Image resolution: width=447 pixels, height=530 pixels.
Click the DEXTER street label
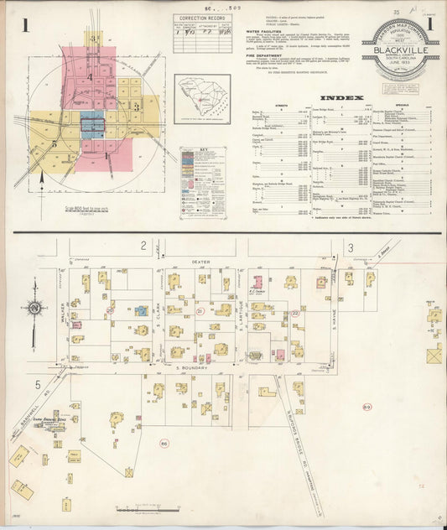pos(200,262)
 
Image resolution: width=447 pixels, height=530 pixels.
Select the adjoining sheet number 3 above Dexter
pos(351,247)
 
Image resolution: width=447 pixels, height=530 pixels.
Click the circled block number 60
pos(164,443)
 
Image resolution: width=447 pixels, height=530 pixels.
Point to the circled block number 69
pos(366,408)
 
